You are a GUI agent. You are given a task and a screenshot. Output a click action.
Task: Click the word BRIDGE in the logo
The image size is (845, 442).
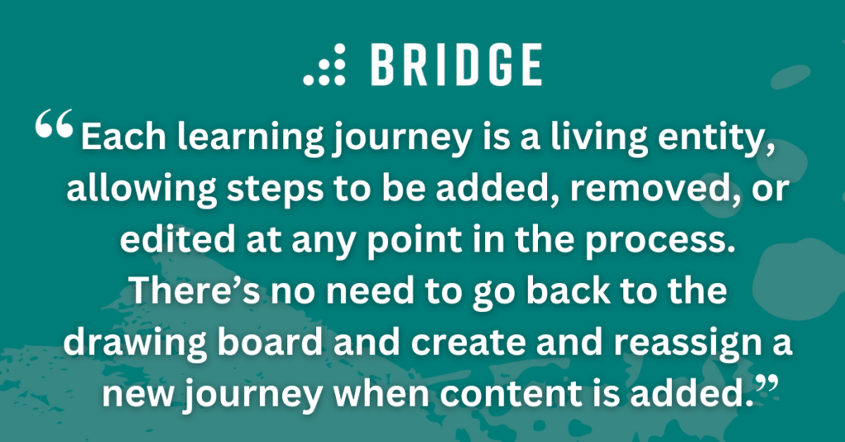tap(456, 66)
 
